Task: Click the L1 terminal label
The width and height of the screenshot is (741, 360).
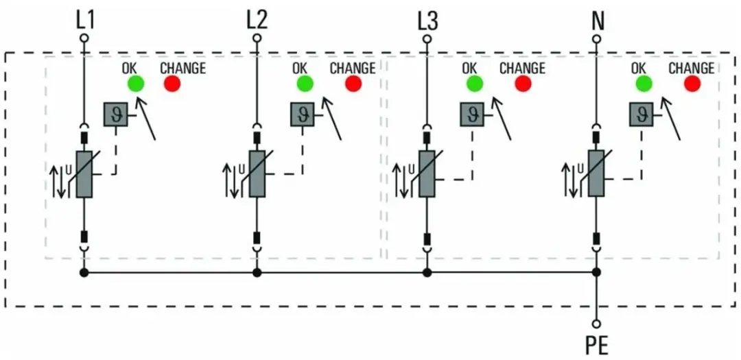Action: tap(84, 20)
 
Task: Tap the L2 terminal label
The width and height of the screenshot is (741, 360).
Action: tap(257, 20)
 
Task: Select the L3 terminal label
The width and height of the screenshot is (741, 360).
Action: tap(427, 20)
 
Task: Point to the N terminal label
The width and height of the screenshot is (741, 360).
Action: tap(597, 20)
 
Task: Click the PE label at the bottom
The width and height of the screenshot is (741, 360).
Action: tap(597, 346)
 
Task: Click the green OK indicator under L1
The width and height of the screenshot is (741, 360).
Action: tap(136, 84)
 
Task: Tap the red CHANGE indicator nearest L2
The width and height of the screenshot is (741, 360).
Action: tap(353, 84)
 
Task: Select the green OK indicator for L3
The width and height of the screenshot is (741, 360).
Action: tap(475, 84)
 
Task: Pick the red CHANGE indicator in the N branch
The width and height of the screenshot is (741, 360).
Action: tap(692, 84)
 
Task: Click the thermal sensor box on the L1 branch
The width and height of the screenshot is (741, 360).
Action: tap(116, 115)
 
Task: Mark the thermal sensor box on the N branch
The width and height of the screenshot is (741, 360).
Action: tap(642, 115)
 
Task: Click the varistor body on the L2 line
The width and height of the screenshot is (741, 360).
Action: tap(257, 174)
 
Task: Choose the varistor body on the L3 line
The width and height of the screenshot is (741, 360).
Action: tap(427, 174)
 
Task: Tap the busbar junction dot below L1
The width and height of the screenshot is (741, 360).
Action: tap(84, 273)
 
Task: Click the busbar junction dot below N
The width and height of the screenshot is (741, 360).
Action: tap(596, 273)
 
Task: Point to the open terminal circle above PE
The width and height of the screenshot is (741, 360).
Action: tap(596, 324)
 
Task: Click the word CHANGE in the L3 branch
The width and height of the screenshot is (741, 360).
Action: tap(522, 69)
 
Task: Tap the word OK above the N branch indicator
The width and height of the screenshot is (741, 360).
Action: tap(639, 69)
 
